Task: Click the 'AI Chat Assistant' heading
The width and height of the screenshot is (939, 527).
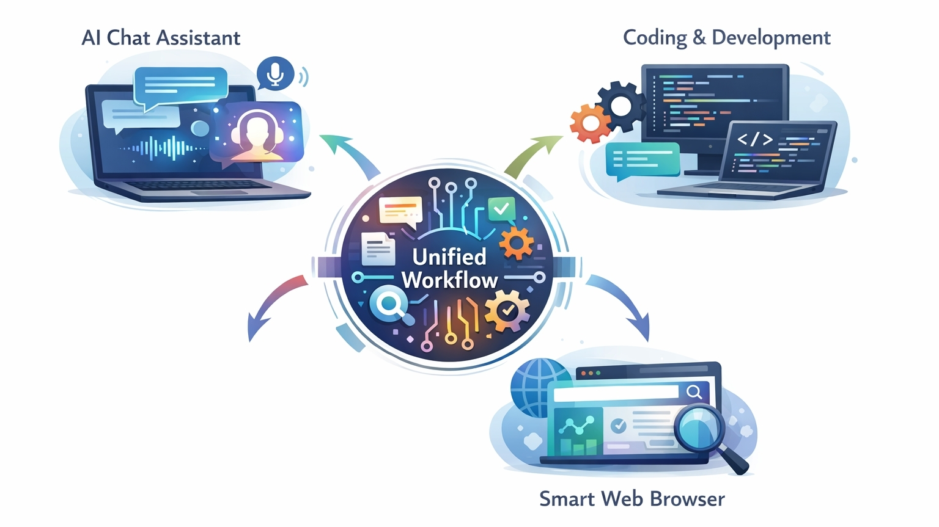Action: (161, 38)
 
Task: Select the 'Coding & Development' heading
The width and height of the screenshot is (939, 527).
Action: (726, 38)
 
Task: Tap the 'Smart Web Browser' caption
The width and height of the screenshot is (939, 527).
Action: (632, 499)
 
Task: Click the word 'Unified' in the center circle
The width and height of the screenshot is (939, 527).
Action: (449, 256)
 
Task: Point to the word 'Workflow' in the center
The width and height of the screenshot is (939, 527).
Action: (449, 280)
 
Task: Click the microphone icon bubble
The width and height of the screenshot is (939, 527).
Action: (276, 73)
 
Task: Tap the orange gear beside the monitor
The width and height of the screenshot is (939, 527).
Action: (589, 123)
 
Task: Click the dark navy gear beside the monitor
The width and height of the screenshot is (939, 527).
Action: (620, 107)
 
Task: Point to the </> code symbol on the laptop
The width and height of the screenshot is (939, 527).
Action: (754, 139)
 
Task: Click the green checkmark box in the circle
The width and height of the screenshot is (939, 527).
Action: (501, 209)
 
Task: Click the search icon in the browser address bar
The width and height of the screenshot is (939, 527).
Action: (694, 391)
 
